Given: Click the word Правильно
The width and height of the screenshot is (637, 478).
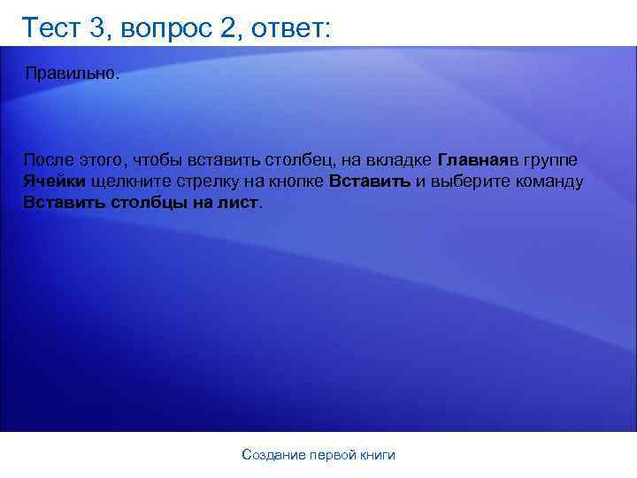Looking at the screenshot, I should coord(71,72).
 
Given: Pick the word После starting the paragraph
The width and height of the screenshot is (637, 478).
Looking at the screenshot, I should coord(49,160).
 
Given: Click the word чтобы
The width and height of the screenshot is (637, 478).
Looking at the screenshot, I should coord(152,160).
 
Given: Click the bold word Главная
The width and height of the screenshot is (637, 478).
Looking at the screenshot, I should coord(472,160).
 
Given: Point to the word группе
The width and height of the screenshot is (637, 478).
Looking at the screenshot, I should coord(552,160).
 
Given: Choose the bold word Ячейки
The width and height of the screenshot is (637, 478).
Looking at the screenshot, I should coord(55,181).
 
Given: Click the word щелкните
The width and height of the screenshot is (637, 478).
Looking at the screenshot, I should coord(127,181).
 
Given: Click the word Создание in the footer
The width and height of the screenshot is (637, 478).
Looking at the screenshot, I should coord(272,455).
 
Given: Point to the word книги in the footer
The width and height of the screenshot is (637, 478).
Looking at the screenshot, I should coord(378,455).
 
